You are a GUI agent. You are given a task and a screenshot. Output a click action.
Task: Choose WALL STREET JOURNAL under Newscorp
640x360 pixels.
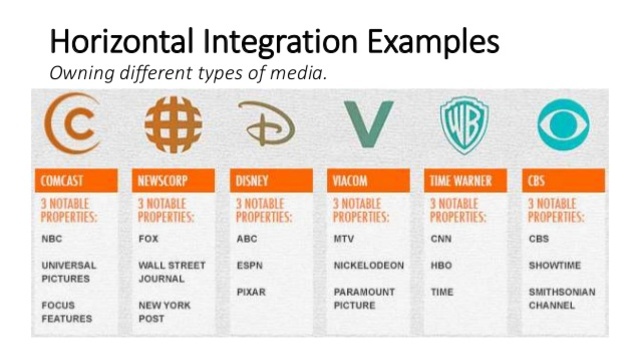pyautogui.click(x=172, y=272)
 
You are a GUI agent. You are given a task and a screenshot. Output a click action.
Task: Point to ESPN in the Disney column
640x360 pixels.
pyautogui.click(x=250, y=266)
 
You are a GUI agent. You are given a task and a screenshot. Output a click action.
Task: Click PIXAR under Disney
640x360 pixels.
pyautogui.click(x=251, y=292)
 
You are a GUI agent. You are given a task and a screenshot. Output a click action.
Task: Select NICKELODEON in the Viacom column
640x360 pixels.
pyautogui.click(x=369, y=266)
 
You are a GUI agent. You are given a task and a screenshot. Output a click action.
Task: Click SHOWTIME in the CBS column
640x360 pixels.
pyautogui.click(x=555, y=266)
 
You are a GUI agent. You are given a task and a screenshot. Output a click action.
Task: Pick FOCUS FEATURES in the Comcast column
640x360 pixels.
pyautogui.click(x=66, y=311)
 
